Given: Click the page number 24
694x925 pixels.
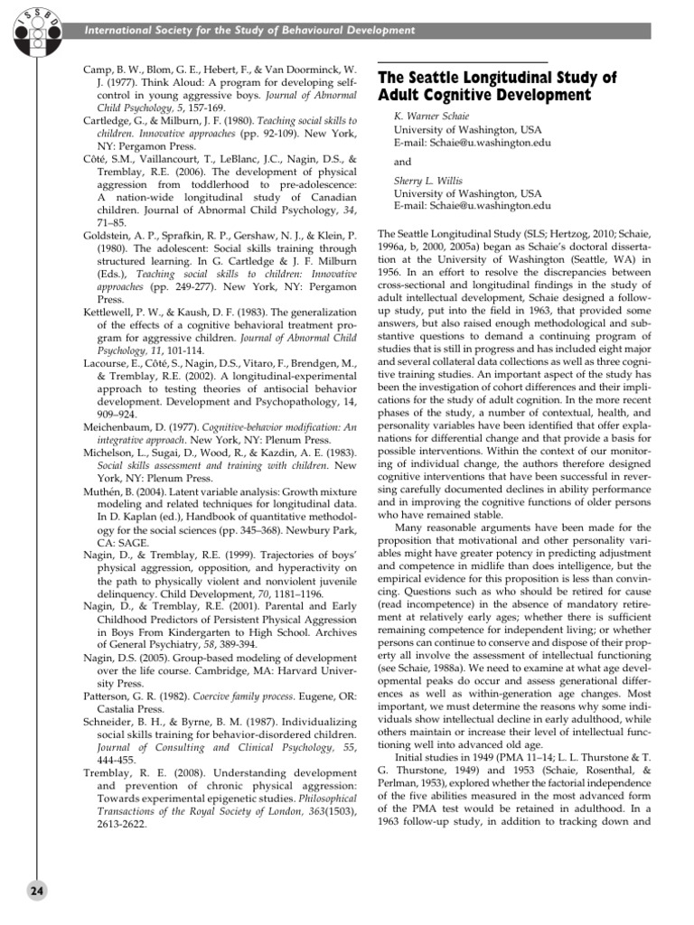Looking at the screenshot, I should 35,890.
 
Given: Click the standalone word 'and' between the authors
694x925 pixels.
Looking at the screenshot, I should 402,162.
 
